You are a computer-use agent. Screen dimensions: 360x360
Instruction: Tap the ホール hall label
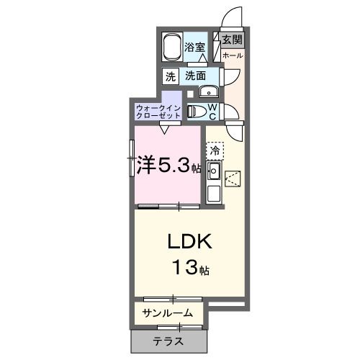[232, 55]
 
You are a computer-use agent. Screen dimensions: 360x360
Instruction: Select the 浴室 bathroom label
[194, 48]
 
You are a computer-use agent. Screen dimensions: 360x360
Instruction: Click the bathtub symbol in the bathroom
[171, 47]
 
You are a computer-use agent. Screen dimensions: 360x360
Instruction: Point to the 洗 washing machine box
[170, 76]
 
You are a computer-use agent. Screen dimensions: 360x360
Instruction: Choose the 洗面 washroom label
[195, 76]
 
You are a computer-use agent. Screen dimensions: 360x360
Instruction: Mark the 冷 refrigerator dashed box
[215, 151]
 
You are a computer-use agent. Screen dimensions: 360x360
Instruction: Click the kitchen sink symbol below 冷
[213, 171]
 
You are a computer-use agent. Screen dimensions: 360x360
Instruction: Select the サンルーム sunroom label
[167, 313]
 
